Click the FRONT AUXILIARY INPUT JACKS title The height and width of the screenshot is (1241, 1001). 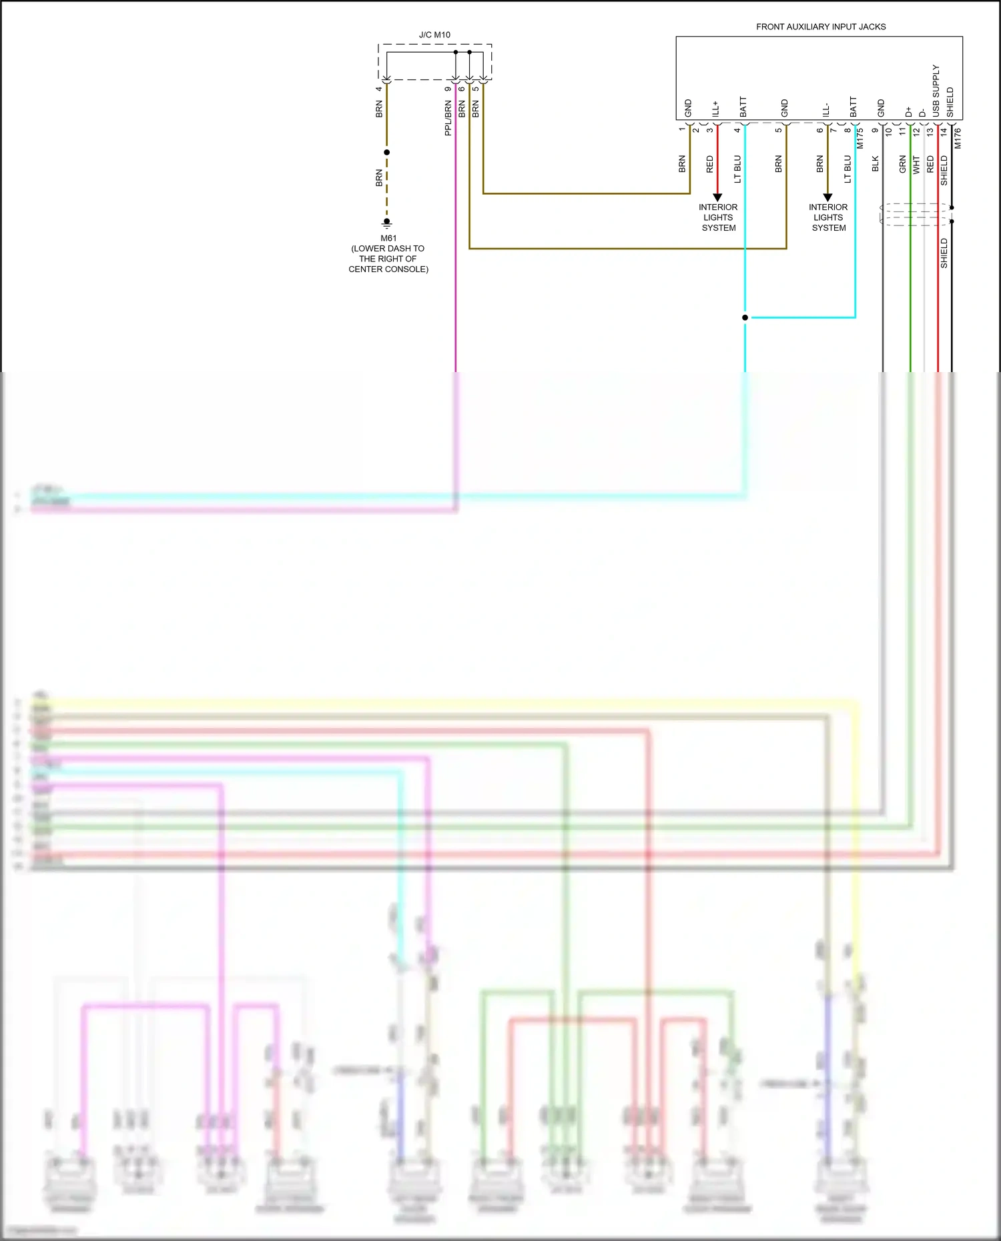point(820,27)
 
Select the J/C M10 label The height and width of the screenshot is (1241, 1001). point(434,35)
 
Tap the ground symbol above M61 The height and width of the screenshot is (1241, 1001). point(386,223)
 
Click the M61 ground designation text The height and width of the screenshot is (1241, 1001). point(388,238)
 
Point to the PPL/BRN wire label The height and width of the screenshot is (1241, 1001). point(448,118)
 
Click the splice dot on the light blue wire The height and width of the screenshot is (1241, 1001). point(745,317)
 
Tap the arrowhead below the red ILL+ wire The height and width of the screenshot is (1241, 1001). point(717,197)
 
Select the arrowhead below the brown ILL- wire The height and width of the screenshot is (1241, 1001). point(827,197)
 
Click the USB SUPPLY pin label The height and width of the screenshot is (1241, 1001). point(936,91)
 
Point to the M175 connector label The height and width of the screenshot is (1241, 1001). point(860,138)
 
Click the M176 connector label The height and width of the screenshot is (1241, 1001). point(958,138)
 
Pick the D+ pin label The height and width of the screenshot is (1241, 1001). point(908,112)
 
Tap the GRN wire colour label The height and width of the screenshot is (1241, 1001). point(902,164)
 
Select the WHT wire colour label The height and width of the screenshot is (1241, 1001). point(916,165)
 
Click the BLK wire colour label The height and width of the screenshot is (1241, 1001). point(875,164)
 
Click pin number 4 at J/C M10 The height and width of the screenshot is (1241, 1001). point(378,89)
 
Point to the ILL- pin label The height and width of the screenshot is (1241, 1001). point(825,110)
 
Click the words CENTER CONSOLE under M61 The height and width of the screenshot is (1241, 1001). point(388,269)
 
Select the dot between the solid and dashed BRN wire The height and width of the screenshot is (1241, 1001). point(386,152)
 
